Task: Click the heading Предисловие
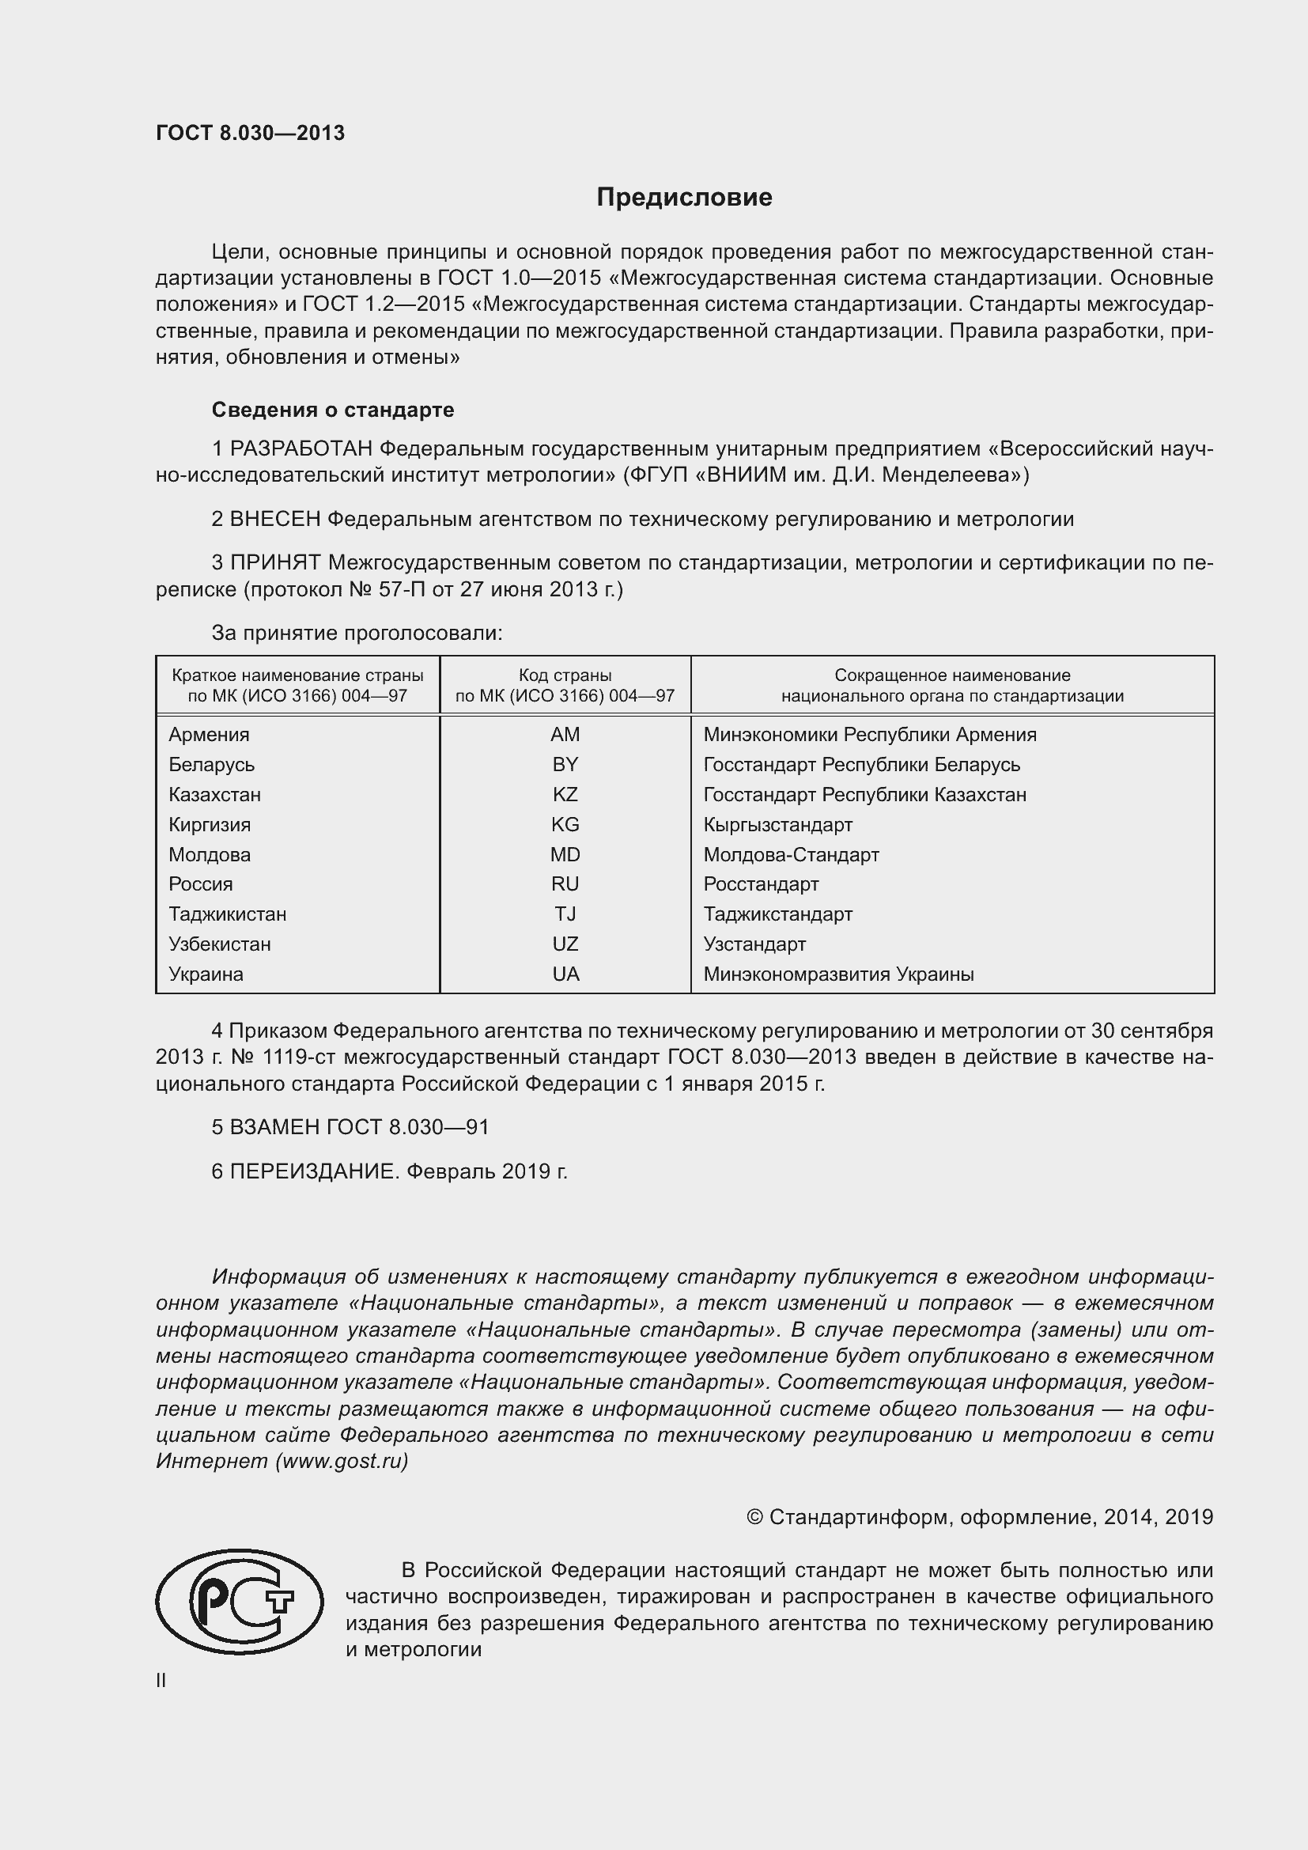pyautogui.click(x=684, y=198)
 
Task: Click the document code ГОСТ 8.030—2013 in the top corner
pyautogui.click(x=250, y=133)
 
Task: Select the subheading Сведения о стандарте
pyautogui.click(x=333, y=410)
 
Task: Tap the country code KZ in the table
pyautogui.click(x=565, y=794)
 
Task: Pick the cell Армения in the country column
pyautogui.click(x=209, y=735)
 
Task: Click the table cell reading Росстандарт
pyautogui.click(x=760, y=884)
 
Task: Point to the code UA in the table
pyautogui.click(x=565, y=974)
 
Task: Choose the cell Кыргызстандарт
pyautogui.click(x=777, y=824)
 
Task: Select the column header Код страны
pyautogui.click(x=565, y=675)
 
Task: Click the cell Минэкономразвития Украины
pyautogui.click(x=838, y=974)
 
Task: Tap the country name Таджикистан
pyautogui.click(x=227, y=914)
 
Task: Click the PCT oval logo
pyautogui.click(x=239, y=1602)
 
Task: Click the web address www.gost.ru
pyautogui.click(x=342, y=1461)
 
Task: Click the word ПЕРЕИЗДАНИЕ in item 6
pyautogui.click(x=314, y=1171)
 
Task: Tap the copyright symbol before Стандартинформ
pyautogui.click(x=754, y=1517)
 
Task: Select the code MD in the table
pyautogui.click(x=565, y=854)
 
